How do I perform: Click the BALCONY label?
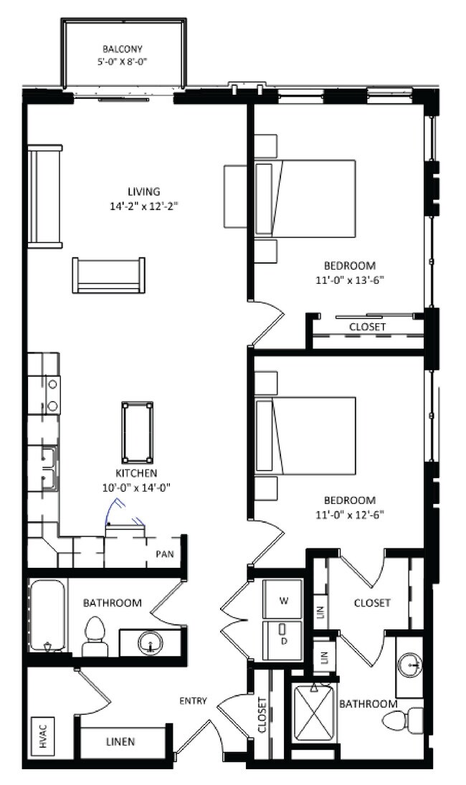(122, 49)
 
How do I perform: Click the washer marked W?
(282, 600)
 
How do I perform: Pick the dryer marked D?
(282, 640)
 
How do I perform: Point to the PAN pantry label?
(164, 553)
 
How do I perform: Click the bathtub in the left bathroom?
(47, 615)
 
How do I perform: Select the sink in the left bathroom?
(151, 643)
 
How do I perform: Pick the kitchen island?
(137, 432)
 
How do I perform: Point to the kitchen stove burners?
(52, 395)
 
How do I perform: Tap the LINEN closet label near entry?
(120, 741)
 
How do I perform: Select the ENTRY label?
(193, 701)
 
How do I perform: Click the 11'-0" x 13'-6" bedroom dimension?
(350, 280)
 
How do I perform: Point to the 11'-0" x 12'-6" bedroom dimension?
(350, 514)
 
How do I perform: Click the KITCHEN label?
(137, 473)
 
